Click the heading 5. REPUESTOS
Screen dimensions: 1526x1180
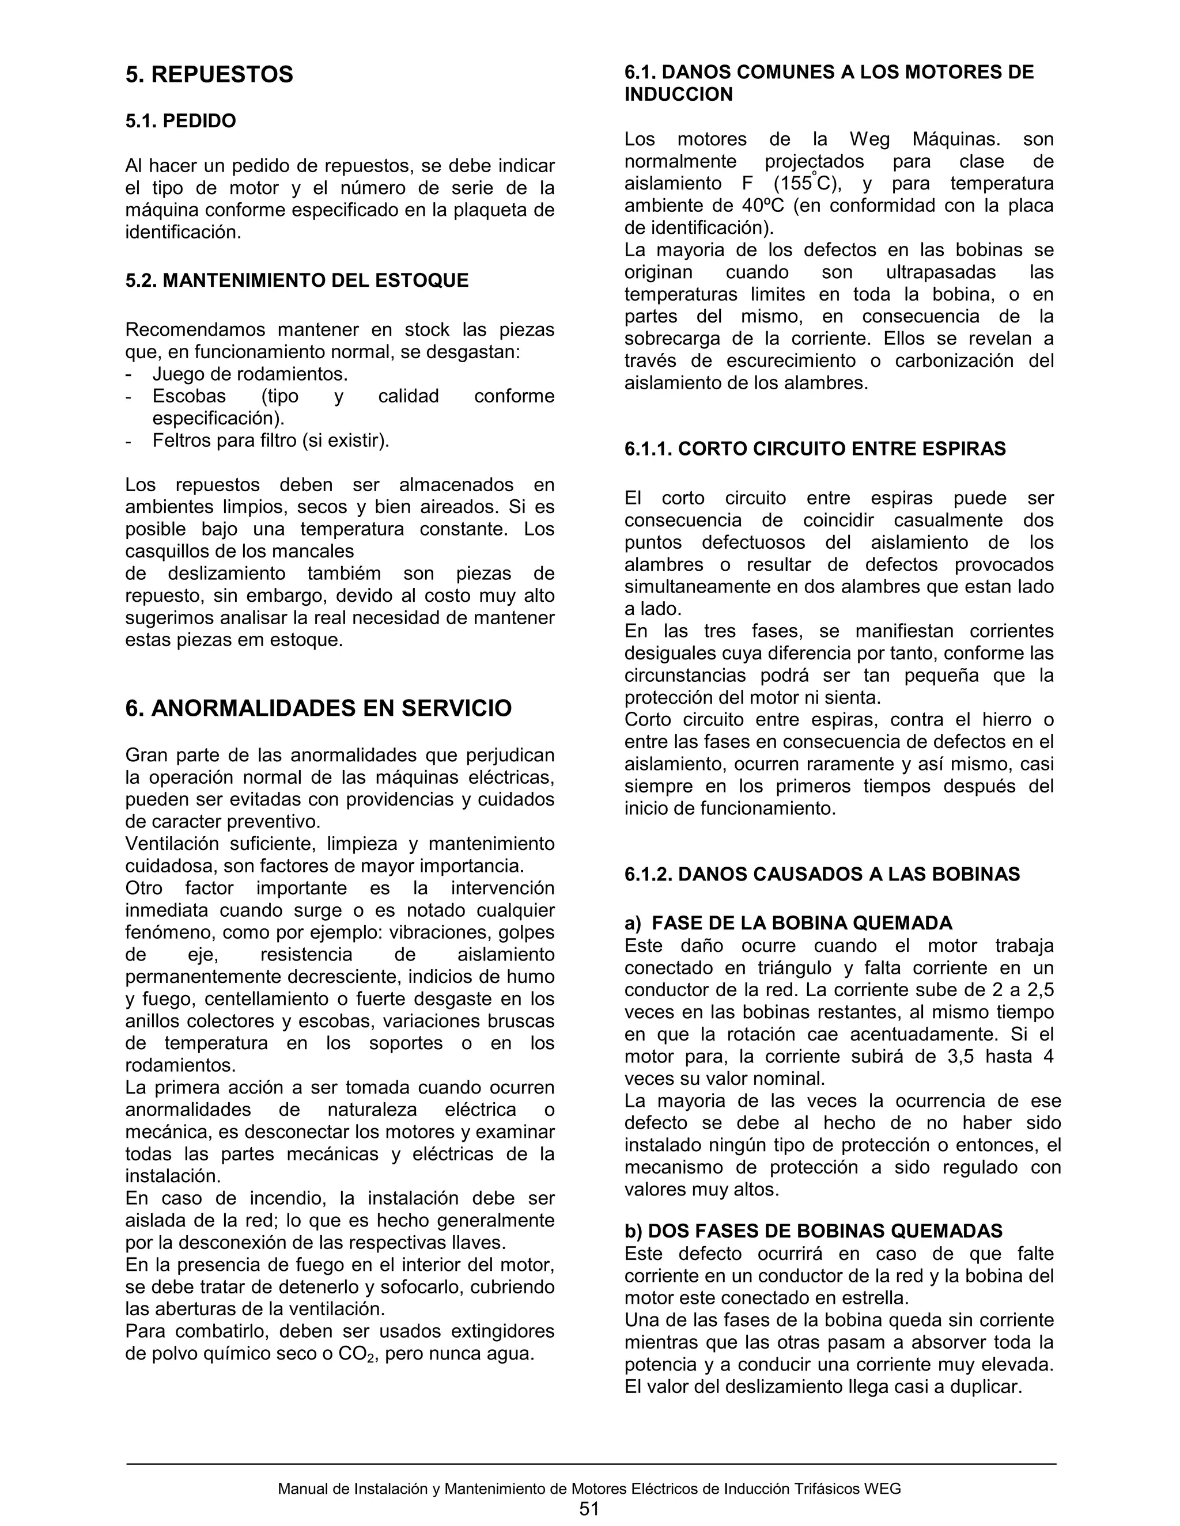(209, 75)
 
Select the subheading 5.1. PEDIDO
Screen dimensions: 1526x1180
(180, 121)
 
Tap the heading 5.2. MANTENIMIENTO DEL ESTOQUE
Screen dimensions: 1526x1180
(296, 280)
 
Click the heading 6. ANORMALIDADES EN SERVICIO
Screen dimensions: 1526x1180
(318, 708)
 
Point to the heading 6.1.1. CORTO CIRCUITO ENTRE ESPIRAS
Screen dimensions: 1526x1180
(815, 449)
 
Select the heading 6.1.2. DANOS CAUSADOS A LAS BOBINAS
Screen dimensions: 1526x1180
(822, 874)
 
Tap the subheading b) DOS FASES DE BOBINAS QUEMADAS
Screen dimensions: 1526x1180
(813, 1231)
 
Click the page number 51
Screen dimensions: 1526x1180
(589, 1509)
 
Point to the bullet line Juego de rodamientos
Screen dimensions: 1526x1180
(249, 374)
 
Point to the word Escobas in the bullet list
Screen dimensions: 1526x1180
(190, 396)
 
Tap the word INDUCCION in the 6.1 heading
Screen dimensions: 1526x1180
(678, 95)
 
